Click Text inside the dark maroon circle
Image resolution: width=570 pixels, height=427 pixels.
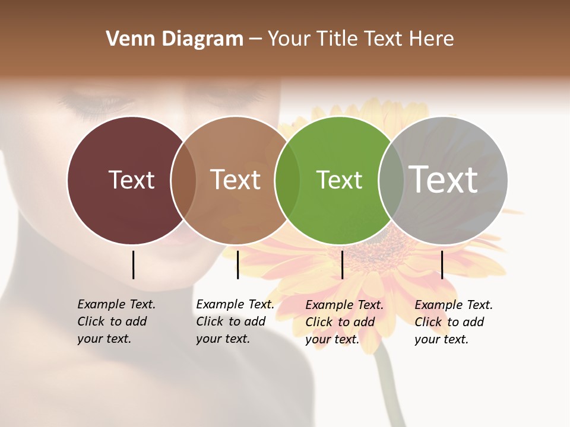131,180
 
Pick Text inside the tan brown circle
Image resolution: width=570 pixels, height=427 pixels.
235,180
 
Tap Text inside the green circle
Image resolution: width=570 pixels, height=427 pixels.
339,180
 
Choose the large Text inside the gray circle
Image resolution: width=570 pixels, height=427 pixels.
444,179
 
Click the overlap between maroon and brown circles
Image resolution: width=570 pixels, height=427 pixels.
183,180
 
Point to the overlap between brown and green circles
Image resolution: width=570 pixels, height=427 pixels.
287,180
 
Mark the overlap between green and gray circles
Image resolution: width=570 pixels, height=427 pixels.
391,180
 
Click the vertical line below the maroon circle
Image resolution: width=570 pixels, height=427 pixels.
133,265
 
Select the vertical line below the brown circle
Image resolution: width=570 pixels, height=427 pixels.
237,265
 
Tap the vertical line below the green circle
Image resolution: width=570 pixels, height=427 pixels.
342,265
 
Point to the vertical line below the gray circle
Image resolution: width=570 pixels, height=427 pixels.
442,265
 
